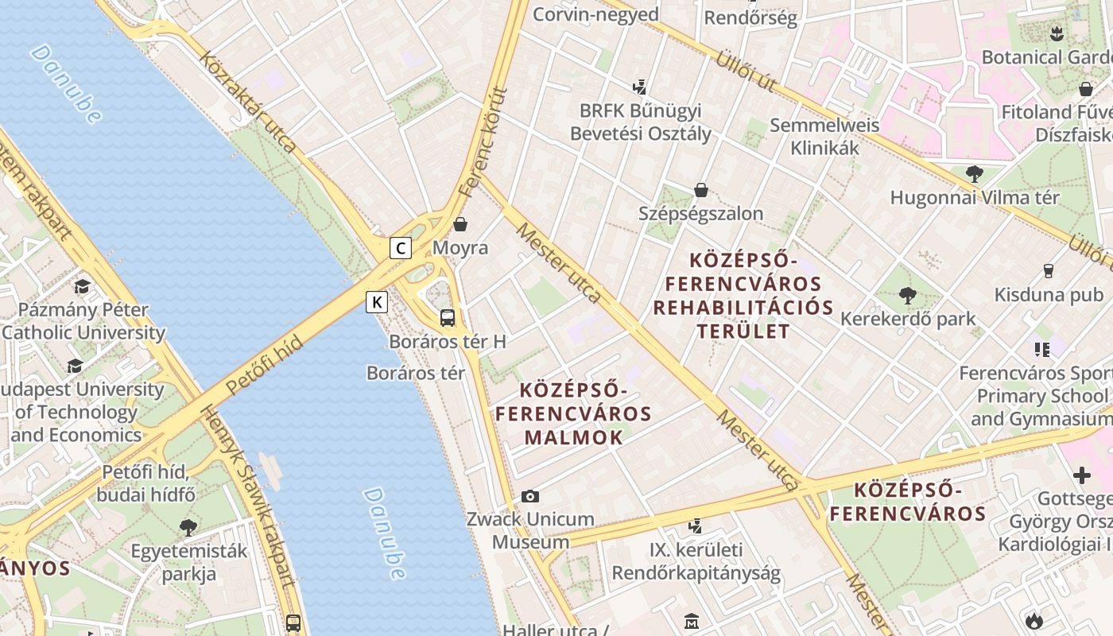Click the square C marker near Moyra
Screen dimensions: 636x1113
point(401,248)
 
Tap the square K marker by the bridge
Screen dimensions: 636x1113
point(377,302)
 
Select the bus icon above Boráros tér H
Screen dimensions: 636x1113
point(448,318)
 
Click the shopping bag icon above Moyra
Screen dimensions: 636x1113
point(460,224)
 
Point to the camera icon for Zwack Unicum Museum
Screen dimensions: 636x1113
point(530,497)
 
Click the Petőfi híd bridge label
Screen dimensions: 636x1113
point(264,365)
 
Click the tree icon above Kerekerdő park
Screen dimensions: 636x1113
point(907,296)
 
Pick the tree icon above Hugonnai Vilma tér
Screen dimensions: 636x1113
point(974,174)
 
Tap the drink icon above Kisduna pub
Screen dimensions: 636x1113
point(1048,271)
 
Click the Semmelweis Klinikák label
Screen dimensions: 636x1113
point(824,137)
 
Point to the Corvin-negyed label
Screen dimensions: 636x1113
point(595,14)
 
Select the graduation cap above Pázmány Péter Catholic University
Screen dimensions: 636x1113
point(82,286)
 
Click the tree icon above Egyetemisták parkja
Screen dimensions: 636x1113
point(188,527)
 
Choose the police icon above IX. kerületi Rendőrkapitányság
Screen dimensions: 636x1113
point(696,525)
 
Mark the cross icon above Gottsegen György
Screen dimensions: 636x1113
point(1081,475)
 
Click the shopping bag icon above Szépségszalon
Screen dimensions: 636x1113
point(701,190)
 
